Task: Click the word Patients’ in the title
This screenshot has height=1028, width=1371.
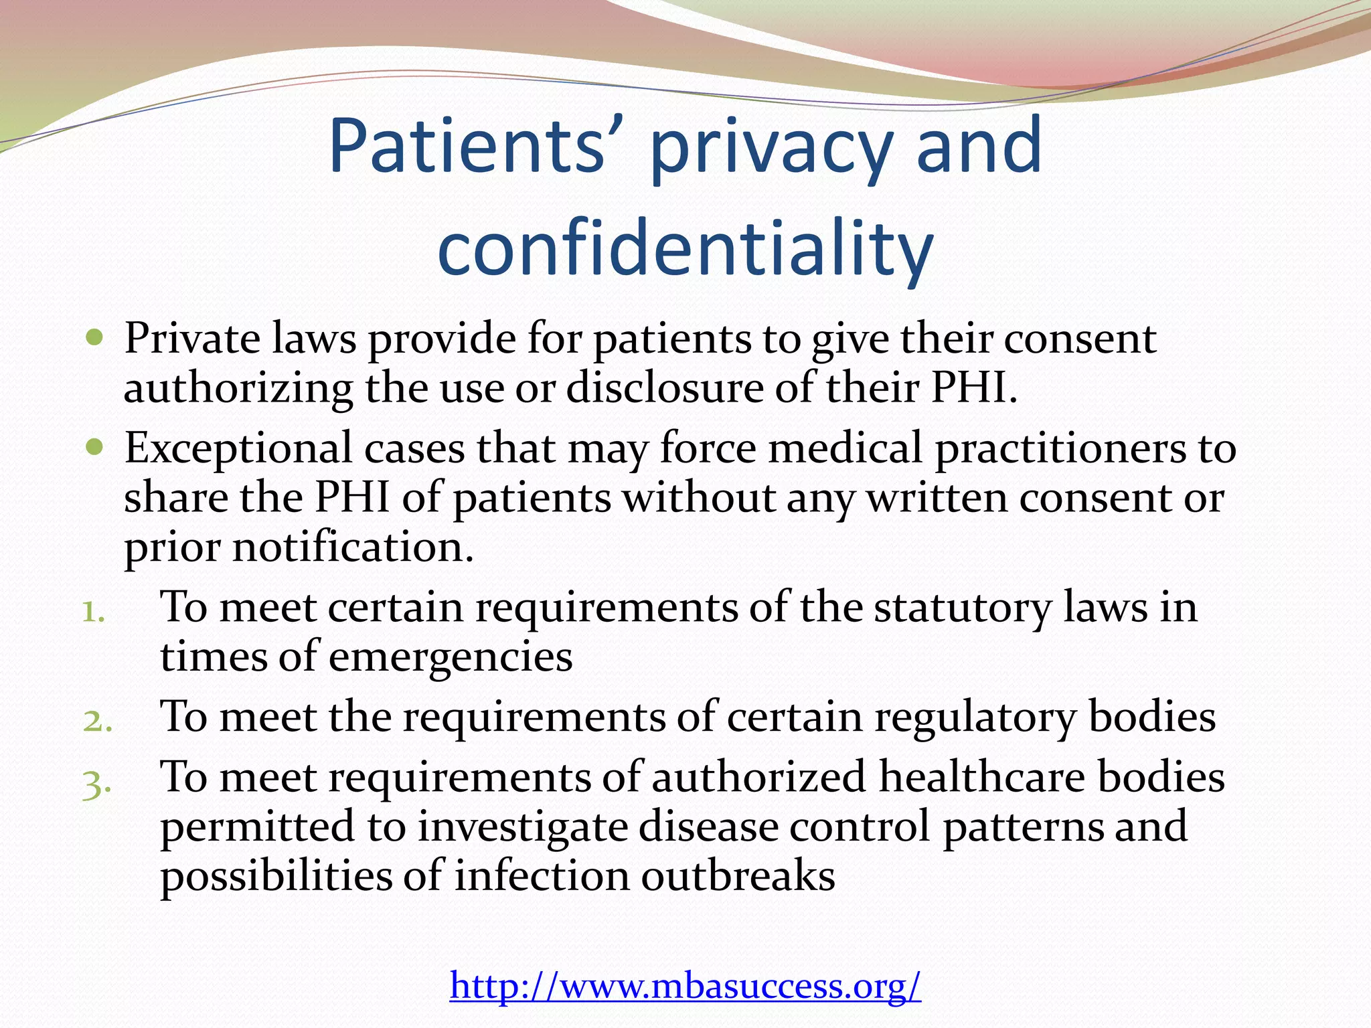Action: click(467, 145)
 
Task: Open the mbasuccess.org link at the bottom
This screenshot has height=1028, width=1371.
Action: click(685, 984)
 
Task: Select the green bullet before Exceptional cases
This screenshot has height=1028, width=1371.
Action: click(95, 446)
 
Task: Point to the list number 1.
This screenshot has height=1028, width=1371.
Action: click(94, 612)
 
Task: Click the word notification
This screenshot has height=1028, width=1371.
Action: click(353, 547)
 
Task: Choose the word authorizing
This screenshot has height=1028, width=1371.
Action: click(238, 390)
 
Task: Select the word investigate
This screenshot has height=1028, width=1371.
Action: click(523, 828)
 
